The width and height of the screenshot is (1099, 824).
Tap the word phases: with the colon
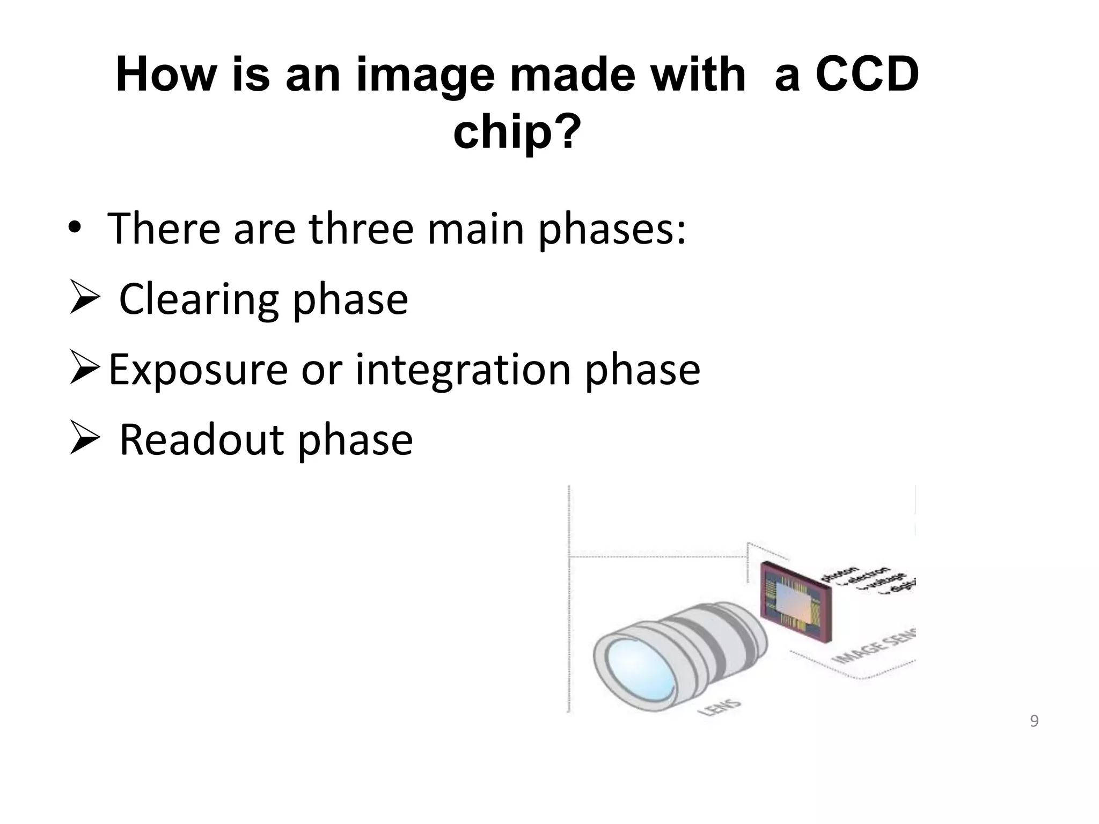pyautogui.click(x=612, y=230)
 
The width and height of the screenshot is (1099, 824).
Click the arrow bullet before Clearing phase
pyautogui.click(x=85, y=299)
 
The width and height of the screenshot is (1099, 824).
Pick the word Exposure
pyautogui.click(x=198, y=370)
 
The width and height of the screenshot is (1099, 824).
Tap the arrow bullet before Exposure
pyautogui.click(x=85, y=370)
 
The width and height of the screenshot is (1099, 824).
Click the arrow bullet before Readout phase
pyautogui.click(x=85, y=439)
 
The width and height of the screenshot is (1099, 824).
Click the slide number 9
pyautogui.click(x=1034, y=722)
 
